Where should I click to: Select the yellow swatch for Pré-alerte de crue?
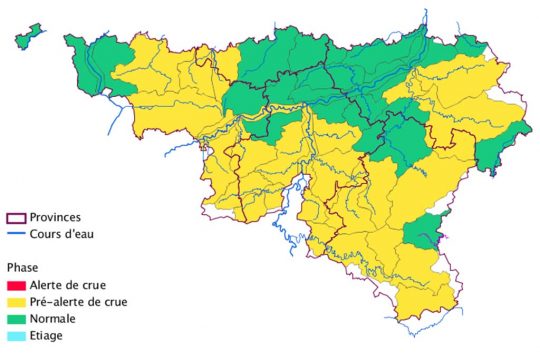pos(15,302)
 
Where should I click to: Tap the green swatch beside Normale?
pos(15,319)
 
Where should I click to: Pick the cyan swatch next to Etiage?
pos(15,335)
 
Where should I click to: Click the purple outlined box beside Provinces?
pos(15,217)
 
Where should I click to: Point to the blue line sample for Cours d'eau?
pos(15,234)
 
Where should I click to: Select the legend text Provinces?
pos(56,217)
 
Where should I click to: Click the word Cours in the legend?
pos(47,234)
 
